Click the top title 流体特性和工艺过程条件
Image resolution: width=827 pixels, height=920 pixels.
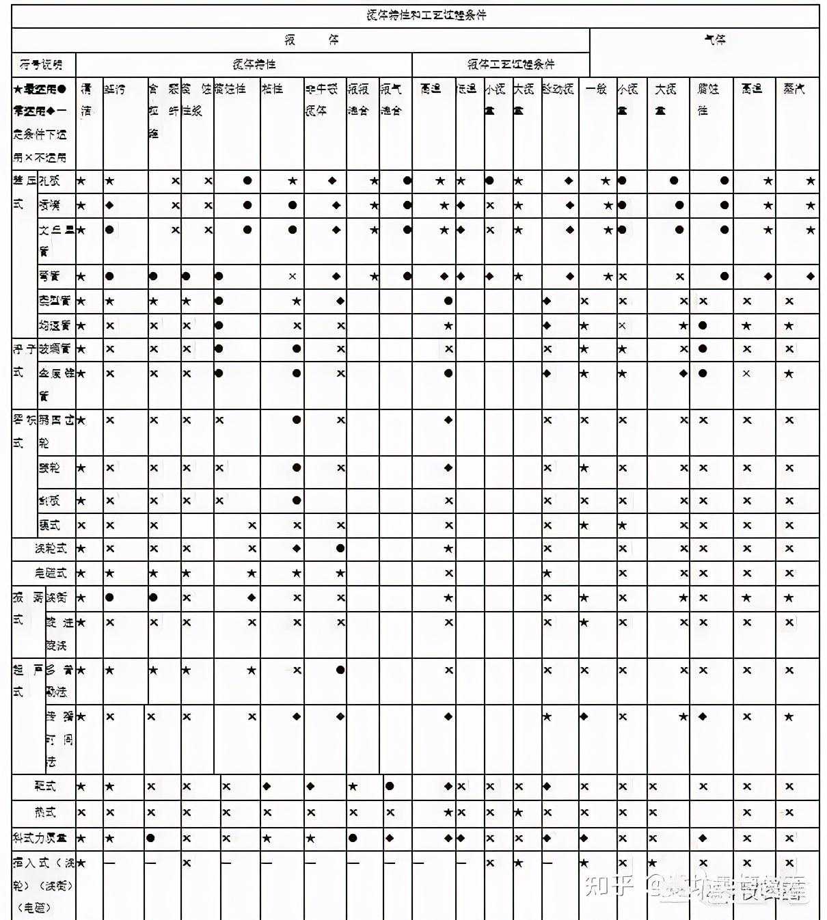tap(426, 15)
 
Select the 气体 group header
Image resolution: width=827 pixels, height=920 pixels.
tap(715, 40)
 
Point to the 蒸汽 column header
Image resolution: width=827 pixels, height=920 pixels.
tap(794, 89)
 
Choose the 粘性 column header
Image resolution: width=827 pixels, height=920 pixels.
tap(272, 89)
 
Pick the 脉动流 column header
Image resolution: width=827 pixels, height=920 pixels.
tap(558, 89)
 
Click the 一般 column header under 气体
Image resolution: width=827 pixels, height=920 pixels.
tap(596, 89)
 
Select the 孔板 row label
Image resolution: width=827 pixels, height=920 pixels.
tap(49, 181)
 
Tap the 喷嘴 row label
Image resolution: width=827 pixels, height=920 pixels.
tap(49, 205)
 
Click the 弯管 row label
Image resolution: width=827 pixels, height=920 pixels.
tap(49, 276)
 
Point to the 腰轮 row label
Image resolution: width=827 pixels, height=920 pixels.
tap(49, 468)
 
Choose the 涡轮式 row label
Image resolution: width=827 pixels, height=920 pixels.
tap(51, 548)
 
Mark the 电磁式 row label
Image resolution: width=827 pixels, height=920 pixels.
tap(51, 573)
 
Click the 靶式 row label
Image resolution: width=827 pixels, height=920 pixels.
tap(44, 786)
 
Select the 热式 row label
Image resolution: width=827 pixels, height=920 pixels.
tap(44, 813)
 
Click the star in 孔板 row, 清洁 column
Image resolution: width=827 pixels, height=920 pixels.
tap(81, 181)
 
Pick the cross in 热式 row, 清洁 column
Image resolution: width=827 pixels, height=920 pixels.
tap(81, 813)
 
